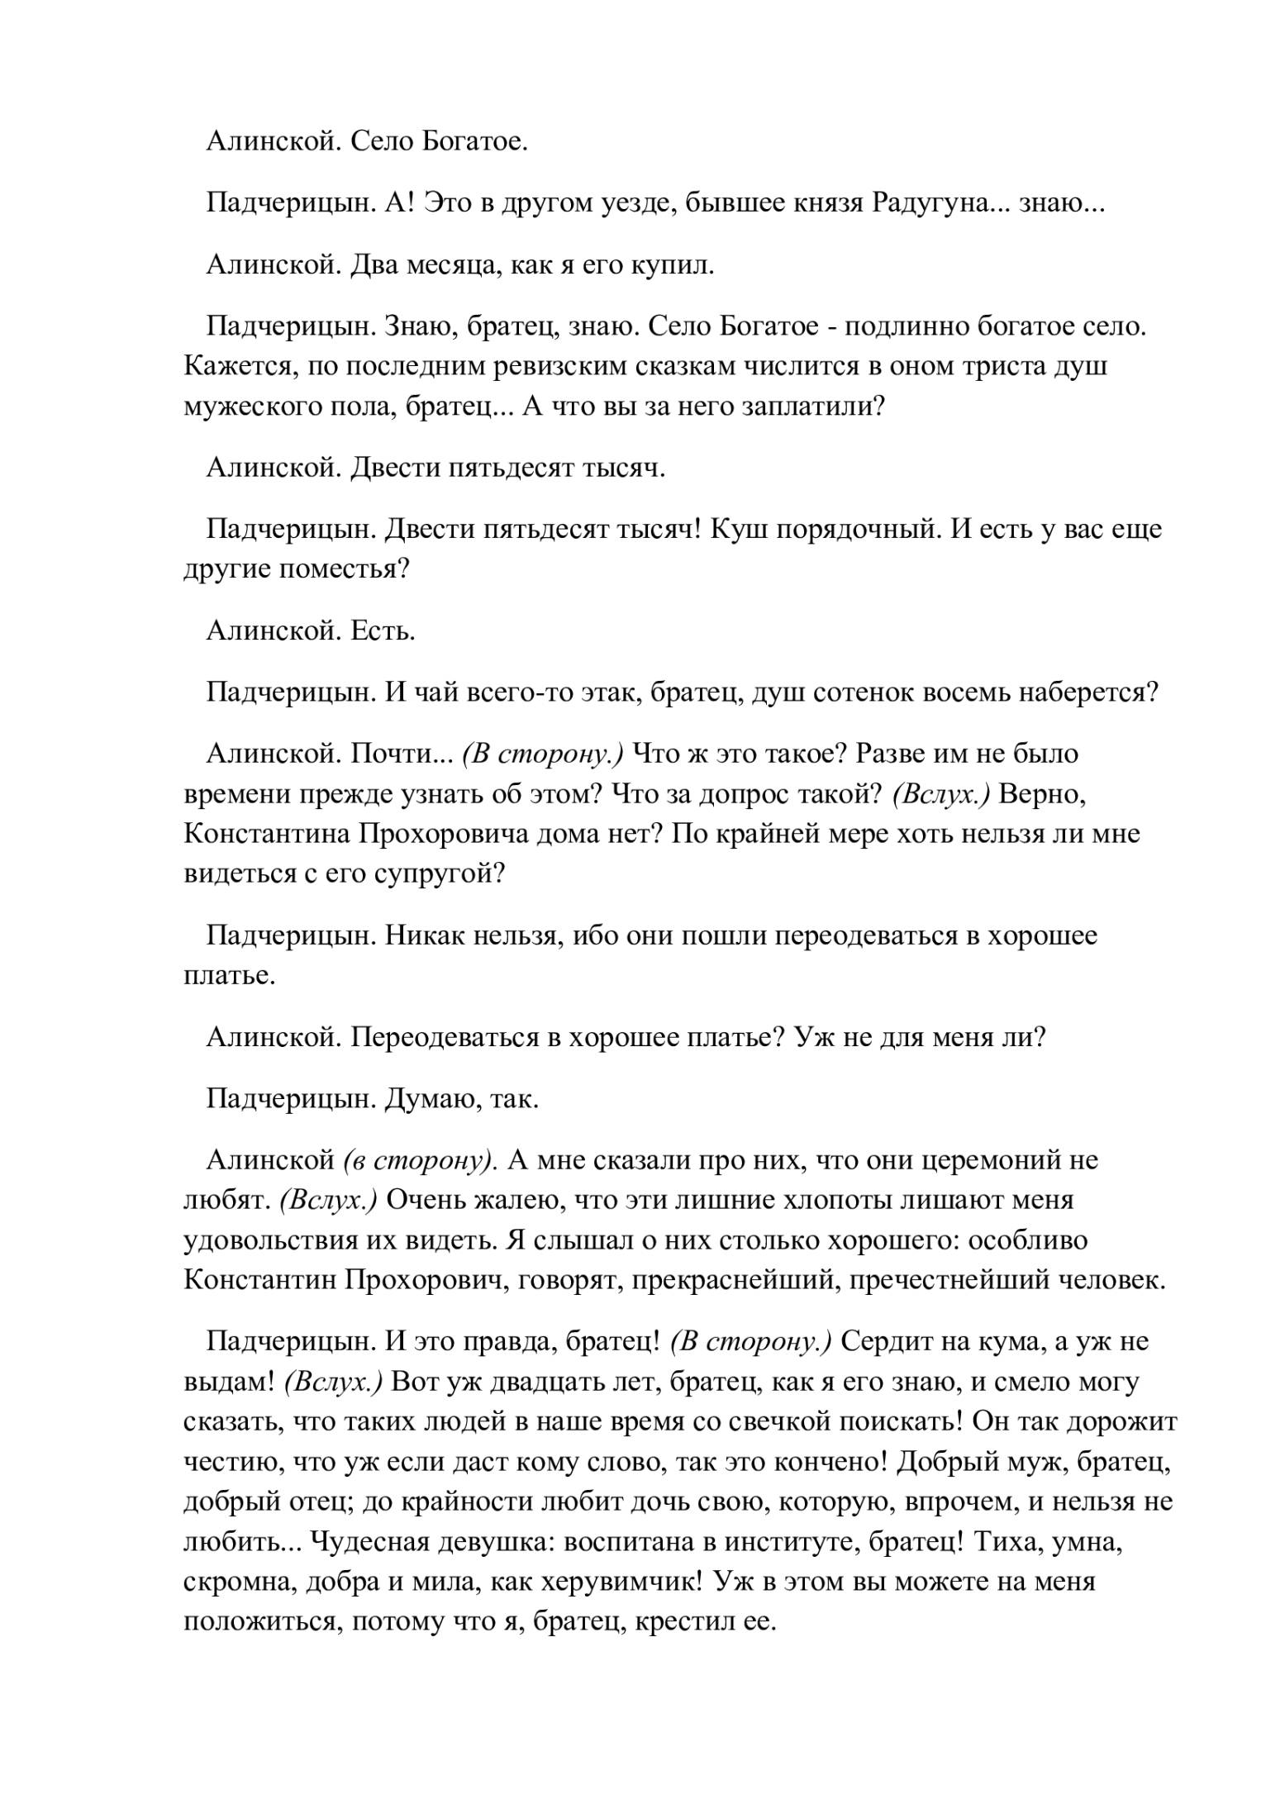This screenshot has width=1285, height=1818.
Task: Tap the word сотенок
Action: click(x=866, y=692)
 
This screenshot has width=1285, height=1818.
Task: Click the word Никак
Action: click(x=421, y=936)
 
